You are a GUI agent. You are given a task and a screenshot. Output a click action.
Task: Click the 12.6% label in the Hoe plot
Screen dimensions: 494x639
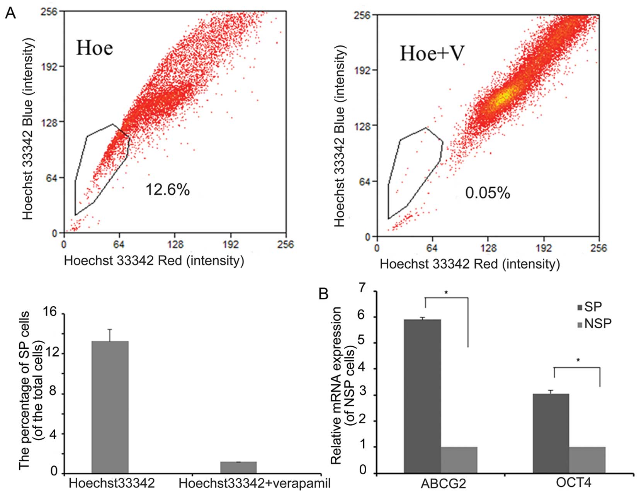click(x=167, y=190)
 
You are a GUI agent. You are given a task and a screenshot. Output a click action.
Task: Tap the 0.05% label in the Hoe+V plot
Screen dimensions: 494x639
click(x=487, y=192)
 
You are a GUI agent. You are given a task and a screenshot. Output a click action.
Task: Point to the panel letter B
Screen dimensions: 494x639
click(x=323, y=294)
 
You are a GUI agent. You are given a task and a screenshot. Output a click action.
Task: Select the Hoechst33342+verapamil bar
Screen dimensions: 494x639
click(x=238, y=467)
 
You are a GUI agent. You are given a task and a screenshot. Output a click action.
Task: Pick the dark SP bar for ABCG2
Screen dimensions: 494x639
click(x=422, y=396)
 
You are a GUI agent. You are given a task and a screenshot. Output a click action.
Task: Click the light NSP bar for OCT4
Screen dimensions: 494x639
click(x=587, y=460)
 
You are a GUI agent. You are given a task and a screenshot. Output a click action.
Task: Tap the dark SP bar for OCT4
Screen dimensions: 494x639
click(x=551, y=433)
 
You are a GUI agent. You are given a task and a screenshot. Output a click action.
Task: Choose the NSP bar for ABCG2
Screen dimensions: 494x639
click(x=459, y=460)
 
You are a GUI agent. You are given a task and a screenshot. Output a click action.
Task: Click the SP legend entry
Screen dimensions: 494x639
click(x=589, y=307)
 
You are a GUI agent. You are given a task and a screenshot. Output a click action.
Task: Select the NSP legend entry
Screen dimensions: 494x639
click(x=594, y=324)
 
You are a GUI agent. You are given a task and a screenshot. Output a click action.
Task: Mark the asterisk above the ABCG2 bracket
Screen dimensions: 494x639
click(x=446, y=293)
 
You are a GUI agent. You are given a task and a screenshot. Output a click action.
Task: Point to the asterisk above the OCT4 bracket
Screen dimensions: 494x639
click(x=578, y=360)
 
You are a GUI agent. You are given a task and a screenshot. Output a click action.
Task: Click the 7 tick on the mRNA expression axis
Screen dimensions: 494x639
click(x=362, y=288)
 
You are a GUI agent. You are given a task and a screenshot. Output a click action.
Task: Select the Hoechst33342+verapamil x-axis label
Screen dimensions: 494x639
click(x=255, y=483)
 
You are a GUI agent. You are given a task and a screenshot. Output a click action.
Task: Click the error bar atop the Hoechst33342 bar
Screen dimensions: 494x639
click(x=110, y=335)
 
